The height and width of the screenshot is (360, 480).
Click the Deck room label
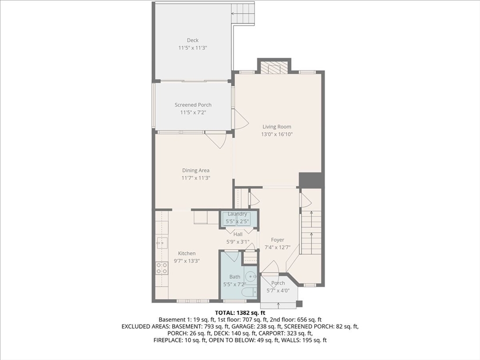[193, 40]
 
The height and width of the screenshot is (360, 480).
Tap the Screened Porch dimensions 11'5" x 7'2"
[193, 112]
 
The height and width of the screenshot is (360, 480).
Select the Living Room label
[277, 127]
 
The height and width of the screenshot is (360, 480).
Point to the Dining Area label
[195, 171]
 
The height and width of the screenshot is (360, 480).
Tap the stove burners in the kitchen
[162, 268]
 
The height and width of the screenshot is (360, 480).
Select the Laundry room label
[237, 214]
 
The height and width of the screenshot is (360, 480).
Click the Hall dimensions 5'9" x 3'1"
[238, 241]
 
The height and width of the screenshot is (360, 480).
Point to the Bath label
[234, 277]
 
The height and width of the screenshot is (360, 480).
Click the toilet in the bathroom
[247, 292]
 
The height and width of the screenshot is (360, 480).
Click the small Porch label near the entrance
[278, 283]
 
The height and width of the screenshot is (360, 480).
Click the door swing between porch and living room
[240, 121]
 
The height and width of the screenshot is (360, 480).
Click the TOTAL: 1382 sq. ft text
[240, 313]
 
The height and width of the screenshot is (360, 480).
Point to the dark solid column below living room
[310, 180]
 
